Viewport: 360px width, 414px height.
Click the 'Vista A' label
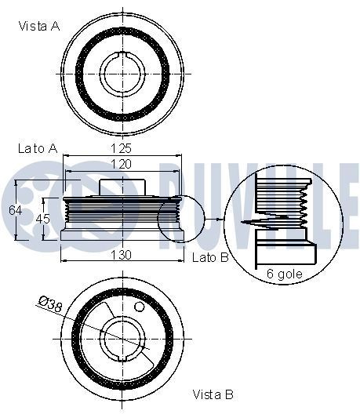pos(38,25)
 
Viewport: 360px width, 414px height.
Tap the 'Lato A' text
pos(37,147)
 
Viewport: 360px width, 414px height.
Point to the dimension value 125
pos(120,148)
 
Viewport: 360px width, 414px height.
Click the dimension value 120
pos(120,163)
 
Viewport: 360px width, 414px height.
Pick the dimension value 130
pos(120,255)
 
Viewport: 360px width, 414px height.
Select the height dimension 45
pos(44,219)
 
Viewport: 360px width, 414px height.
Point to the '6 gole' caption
pos(285,273)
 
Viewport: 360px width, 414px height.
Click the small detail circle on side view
pos(180,217)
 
